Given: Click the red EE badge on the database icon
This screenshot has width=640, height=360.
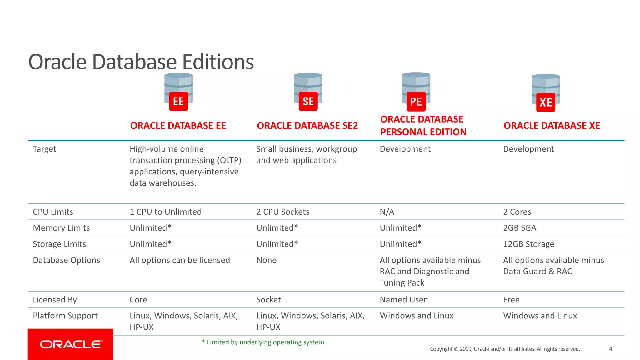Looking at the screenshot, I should [x=178, y=101].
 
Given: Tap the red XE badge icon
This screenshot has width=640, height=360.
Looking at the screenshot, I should [x=546, y=102].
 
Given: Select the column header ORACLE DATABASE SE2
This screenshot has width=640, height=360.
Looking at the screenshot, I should [x=307, y=126].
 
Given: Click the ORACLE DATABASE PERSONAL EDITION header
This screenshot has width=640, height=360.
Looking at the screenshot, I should [x=423, y=126].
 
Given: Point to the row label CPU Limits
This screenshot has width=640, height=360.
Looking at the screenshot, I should [x=53, y=212].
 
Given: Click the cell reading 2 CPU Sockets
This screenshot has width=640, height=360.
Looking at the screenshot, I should [x=283, y=212].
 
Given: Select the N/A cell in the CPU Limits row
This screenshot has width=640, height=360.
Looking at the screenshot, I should [x=387, y=212].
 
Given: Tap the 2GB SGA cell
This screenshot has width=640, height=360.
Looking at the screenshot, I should [x=519, y=228].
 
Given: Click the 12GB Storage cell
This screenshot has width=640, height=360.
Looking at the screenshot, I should [x=528, y=244].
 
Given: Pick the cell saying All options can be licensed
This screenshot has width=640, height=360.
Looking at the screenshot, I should [x=180, y=260].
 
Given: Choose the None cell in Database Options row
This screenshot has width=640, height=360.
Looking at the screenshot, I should [x=266, y=260].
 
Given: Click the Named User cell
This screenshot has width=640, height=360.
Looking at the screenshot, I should [x=403, y=300].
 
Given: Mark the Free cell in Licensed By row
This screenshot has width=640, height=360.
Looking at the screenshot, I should [x=511, y=300].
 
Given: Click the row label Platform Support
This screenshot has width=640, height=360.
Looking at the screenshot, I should [x=65, y=316].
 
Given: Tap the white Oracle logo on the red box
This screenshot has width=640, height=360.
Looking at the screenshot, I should [x=71, y=344].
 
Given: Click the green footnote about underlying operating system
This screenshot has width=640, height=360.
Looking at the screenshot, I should [x=263, y=342].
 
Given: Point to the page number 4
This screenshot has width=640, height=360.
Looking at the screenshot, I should [x=610, y=349].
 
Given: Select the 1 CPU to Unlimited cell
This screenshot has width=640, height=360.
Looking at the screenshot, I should [x=166, y=212].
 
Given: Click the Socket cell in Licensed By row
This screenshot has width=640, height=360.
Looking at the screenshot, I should [x=268, y=300].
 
